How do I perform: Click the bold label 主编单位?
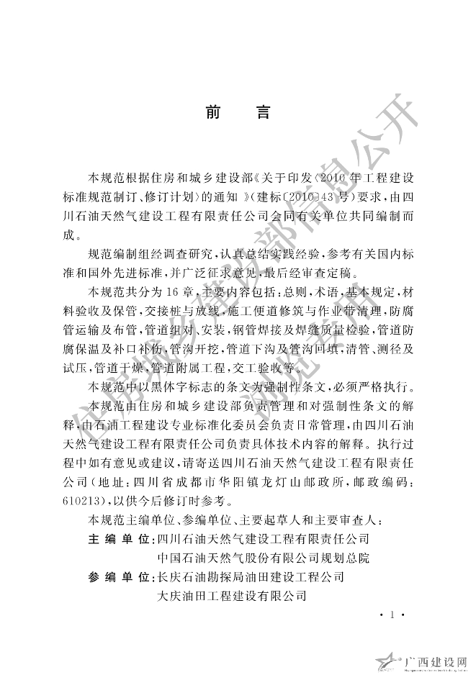[117, 538]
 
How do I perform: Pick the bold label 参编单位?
[117, 577]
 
